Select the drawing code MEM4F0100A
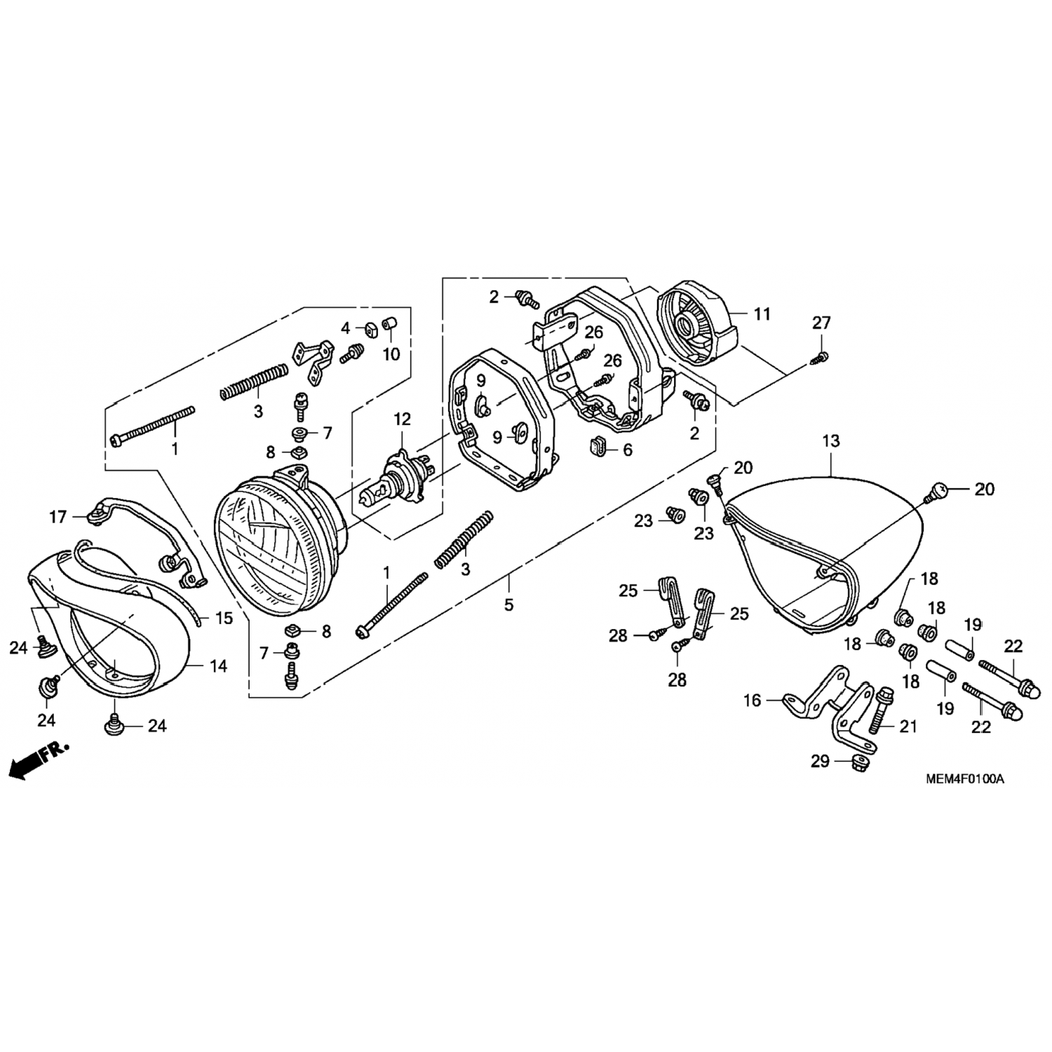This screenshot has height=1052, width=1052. coord(964,778)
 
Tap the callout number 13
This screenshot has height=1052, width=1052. coord(831,442)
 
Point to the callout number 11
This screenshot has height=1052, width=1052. coord(762,313)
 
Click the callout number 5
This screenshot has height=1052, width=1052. coord(508,604)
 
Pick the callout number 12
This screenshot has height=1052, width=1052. coord(402,419)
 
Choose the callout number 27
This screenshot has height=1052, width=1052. coord(821,323)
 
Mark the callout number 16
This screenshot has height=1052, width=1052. coord(752,700)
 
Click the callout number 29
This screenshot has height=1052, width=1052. coord(821,761)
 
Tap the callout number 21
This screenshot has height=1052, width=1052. coord(908,727)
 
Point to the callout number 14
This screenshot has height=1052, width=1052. coord(218,666)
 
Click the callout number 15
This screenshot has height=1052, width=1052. coord(224,619)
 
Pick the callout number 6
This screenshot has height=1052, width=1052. coord(627,450)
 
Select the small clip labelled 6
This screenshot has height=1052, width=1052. coord(597,445)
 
